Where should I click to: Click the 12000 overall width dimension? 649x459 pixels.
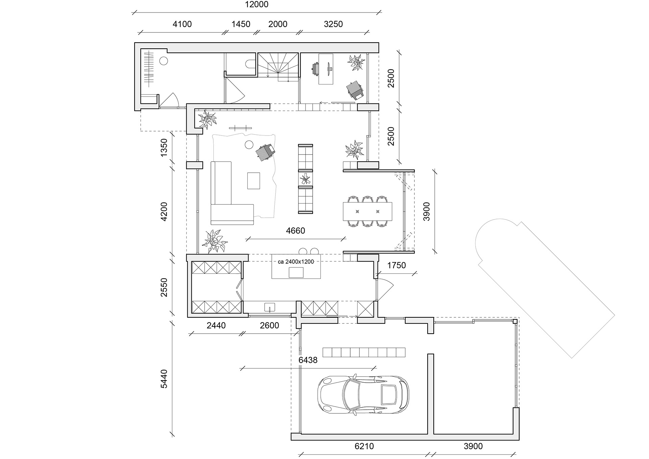pos(257,5)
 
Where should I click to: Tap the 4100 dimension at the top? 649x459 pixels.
pos(182,24)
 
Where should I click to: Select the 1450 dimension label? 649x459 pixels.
pos(241,24)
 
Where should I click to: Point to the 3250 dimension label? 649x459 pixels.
pos(333,24)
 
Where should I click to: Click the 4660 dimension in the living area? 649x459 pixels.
pos(295,231)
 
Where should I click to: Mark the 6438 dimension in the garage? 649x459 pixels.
pos(308,360)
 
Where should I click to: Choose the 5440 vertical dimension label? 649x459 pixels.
pos(164,379)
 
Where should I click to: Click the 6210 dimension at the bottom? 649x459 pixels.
pos(364,446)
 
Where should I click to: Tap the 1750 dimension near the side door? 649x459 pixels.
pos(396,265)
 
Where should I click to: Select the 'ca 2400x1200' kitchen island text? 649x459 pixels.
pos(296,262)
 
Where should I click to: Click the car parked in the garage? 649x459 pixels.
pos(363,394)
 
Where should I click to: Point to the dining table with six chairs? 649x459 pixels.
pos(367,211)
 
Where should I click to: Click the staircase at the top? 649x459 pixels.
pos(278,67)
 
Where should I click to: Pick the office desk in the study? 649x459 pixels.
pos(326,69)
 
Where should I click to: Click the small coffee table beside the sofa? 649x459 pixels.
pos(254,180)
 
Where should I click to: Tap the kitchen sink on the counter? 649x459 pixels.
pos(270,307)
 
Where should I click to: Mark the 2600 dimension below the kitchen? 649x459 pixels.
pos(269,325)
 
